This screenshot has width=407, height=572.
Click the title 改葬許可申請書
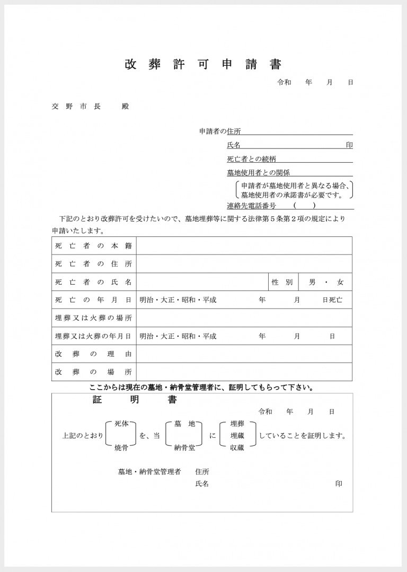pos(203,65)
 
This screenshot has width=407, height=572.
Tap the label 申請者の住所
pos(220,131)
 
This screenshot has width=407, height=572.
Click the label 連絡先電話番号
pos(251,206)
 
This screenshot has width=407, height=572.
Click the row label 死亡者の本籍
pos(93,246)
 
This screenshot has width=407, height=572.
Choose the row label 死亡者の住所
pos(93,264)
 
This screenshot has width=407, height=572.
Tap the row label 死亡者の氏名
pos(93,282)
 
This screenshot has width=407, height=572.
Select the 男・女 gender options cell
pos(326,282)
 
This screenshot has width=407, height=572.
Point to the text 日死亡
pos(332,300)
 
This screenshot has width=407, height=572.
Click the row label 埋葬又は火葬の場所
pos(93,318)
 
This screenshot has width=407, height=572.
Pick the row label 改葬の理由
pos(93,354)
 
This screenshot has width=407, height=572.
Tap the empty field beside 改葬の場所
pos(244,372)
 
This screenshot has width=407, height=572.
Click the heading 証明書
pos(135,400)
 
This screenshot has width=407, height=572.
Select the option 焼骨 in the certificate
pos(121,448)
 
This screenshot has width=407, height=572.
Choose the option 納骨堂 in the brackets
pos(184,448)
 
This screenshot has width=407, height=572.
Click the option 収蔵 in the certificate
pos(237,448)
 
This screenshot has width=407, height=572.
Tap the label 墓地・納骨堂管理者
pos(149,471)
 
